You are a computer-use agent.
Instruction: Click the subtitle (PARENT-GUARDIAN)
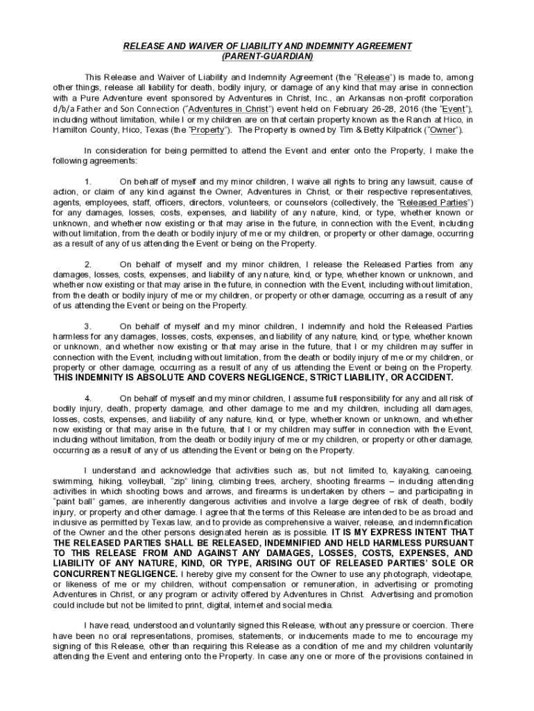(x=267, y=56)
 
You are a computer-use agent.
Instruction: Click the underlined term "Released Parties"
(x=431, y=202)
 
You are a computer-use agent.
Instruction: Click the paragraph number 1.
(x=87, y=181)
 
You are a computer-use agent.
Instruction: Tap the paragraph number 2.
(x=87, y=264)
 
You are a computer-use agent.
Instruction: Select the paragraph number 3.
(x=87, y=326)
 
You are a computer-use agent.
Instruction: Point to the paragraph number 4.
(x=87, y=398)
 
